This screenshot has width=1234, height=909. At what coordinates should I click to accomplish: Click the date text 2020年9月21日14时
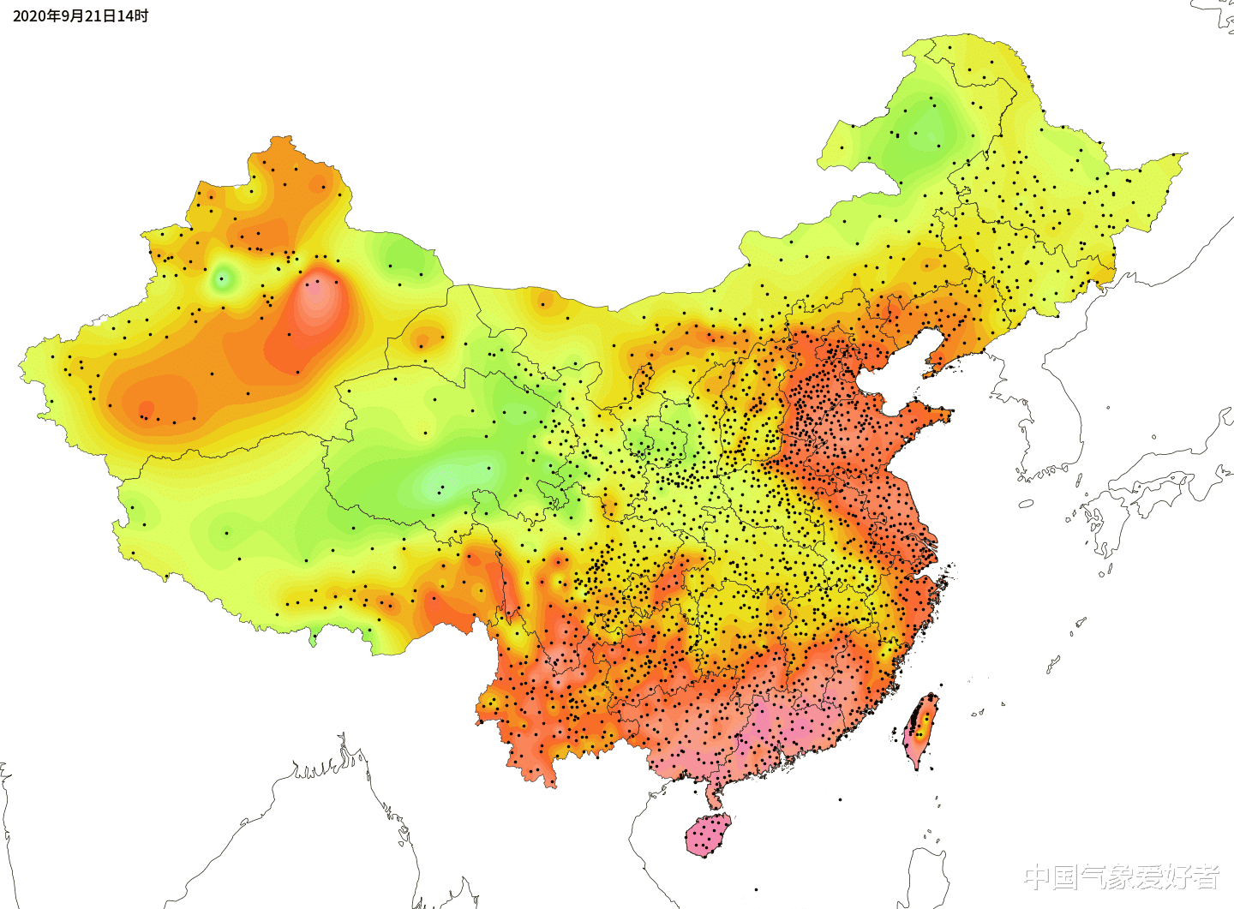point(80,16)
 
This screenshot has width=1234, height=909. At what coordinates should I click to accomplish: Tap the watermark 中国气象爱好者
point(1122,876)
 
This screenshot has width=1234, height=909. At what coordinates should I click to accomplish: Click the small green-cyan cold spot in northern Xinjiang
point(223,278)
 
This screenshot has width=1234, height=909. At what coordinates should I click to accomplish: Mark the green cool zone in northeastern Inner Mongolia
point(921,133)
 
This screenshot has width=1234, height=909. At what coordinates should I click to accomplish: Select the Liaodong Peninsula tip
point(928,374)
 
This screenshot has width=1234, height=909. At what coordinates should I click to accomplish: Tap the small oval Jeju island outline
point(1026,504)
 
